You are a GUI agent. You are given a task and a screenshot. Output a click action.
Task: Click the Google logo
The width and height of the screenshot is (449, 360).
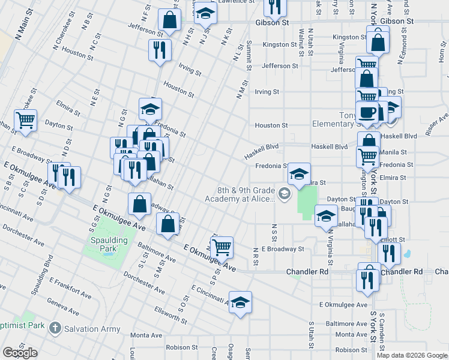(20, 353)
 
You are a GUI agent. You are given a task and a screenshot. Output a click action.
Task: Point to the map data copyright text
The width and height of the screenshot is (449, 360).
(412, 355)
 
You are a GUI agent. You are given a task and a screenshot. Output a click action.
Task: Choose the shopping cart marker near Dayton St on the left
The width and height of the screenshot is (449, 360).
(25, 120)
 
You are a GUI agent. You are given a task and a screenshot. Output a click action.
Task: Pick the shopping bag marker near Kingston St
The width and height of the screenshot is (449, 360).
(378, 42)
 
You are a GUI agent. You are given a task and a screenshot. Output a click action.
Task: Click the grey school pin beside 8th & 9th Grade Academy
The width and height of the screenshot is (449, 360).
(285, 193)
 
